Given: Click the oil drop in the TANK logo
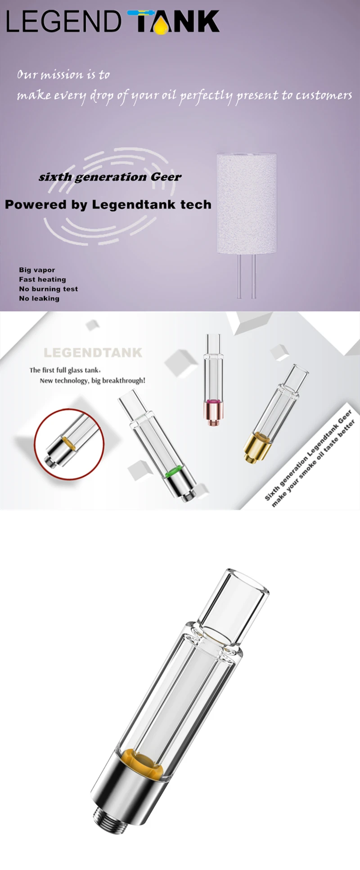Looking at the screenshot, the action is pyautogui.click(x=161, y=27).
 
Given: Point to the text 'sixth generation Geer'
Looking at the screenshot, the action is pyautogui.click(x=110, y=177).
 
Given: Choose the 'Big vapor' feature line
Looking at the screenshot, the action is pyautogui.click(x=37, y=270).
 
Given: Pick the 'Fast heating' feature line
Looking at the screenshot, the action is pyautogui.click(x=42, y=279).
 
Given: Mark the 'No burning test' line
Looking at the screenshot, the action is pyautogui.click(x=48, y=289).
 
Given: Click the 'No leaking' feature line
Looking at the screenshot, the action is pyautogui.click(x=39, y=298).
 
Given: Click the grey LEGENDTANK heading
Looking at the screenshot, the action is pyautogui.click(x=93, y=352).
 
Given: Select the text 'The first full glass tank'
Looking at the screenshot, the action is pyautogui.click(x=64, y=370).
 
